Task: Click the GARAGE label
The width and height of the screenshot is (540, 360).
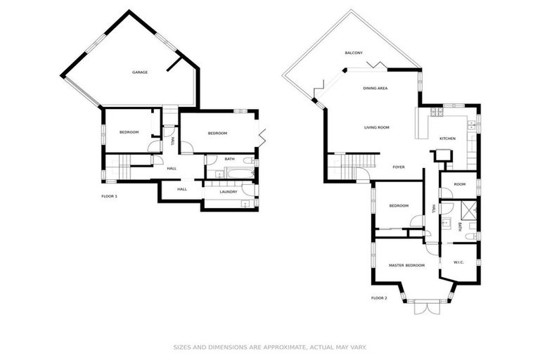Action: coord(140,72)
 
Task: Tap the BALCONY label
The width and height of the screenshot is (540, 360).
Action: coord(353,53)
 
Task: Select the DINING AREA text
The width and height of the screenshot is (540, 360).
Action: coord(375,88)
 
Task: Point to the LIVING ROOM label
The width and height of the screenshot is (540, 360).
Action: coord(376,127)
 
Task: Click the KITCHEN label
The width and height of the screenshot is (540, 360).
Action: coord(447,139)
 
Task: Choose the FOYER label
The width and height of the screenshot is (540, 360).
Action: coord(399,167)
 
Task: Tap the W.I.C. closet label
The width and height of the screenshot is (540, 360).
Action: coord(459,263)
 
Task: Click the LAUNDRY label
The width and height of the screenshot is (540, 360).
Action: coord(228,191)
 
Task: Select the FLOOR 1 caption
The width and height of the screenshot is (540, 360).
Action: coord(109,196)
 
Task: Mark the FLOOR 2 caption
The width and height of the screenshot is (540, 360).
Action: coord(379,298)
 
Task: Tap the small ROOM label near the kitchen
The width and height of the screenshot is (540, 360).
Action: coord(459,184)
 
